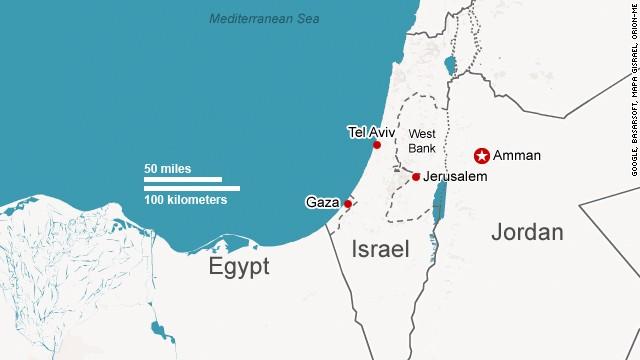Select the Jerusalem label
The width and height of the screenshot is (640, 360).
click(x=455, y=177)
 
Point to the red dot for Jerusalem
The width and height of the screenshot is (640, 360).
click(x=416, y=177)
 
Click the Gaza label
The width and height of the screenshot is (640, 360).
click(x=322, y=203)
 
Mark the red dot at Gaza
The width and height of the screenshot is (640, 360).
click(x=348, y=204)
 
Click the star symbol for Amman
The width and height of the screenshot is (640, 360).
click(x=481, y=156)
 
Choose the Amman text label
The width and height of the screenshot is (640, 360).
click(x=517, y=156)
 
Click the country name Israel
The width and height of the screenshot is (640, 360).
click(x=381, y=250)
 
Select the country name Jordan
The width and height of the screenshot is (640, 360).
click(x=527, y=233)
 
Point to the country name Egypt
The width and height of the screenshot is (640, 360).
click(x=239, y=267)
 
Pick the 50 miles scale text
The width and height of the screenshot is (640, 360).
click(x=168, y=168)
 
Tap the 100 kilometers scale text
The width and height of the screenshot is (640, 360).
click(x=185, y=200)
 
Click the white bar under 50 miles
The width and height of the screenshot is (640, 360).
click(x=182, y=180)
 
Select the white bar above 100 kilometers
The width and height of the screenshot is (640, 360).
click(x=191, y=188)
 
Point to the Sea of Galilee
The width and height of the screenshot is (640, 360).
click(x=449, y=66)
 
